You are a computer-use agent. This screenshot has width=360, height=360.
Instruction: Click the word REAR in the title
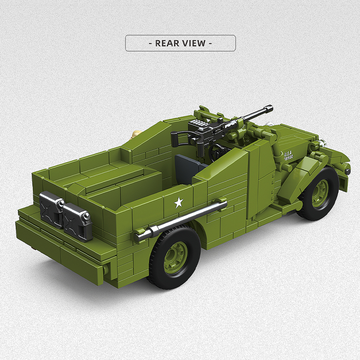pyautogui.click(x=167, y=43)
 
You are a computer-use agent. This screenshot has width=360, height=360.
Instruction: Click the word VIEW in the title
pyautogui.click(x=193, y=43)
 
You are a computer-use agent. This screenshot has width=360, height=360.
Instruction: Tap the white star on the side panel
pyautogui.click(x=179, y=202)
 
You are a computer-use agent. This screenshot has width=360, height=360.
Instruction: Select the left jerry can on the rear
pyautogui.click(x=51, y=209)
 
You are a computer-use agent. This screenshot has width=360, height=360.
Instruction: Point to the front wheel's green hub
pyautogui.click(x=320, y=193)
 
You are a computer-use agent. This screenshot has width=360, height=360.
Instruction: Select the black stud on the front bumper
pyautogui.click(x=347, y=171)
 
